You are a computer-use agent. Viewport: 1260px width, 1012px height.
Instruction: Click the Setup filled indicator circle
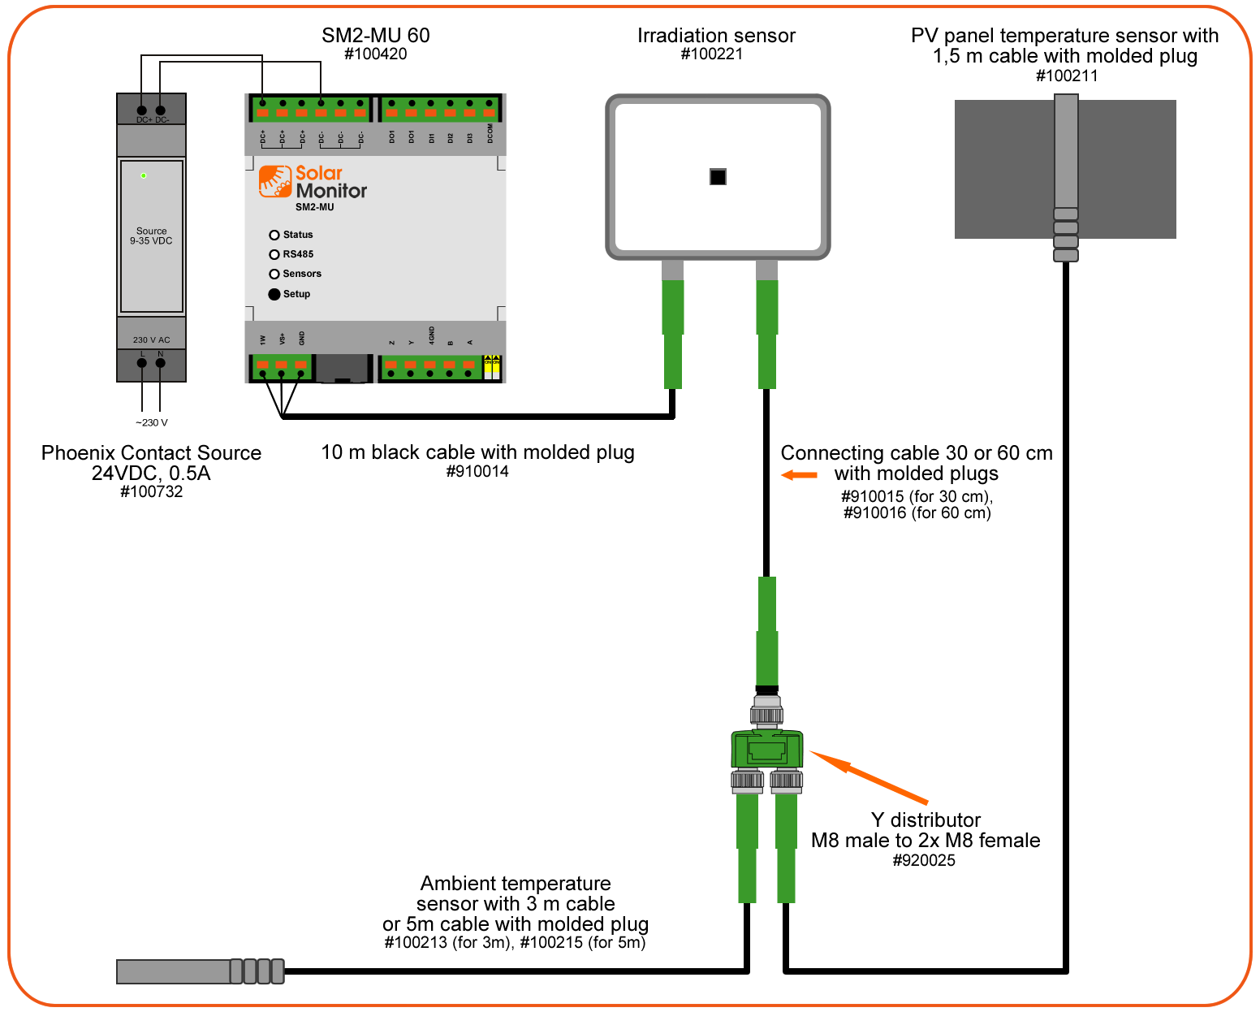click(x=274, y=294)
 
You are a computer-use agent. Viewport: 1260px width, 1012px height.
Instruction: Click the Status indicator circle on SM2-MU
click(x=274, y=235)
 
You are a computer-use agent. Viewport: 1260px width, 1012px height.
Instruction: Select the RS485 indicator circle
click(x=274, y=254)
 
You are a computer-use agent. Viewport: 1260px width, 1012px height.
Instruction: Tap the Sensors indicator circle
click(x=274, y=274)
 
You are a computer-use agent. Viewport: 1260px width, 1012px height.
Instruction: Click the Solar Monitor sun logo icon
click(x=275, y=181)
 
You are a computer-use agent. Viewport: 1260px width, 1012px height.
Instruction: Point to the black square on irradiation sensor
click(x=718, y=177)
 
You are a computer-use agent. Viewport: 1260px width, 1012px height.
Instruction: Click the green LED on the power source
click(x=144, y=175)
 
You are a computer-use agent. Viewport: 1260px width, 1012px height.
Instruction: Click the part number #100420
click(x=376, y=54)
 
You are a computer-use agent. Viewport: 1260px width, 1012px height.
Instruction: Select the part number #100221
click(x=712, y=54)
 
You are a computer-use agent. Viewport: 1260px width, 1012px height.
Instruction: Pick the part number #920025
click(x=924, y=861)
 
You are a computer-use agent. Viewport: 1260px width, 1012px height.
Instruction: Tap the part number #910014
click(x=477, y=472)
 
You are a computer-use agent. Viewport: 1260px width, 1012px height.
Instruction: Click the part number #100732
click(x=151, y=492)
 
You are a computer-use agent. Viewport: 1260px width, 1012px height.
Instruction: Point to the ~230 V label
click(x=152, y=422)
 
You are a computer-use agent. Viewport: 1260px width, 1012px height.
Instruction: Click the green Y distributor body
click(x=766, y=749)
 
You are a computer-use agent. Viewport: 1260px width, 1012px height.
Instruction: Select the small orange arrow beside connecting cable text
click(x=800, y=475)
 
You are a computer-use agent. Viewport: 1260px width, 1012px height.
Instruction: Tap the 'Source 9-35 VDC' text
click(x=151, y=236)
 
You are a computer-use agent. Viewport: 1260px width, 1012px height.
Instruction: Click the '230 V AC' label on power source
click(x=151, y=340)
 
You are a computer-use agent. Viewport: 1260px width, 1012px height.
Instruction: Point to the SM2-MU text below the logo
click(x=314, y=207)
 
